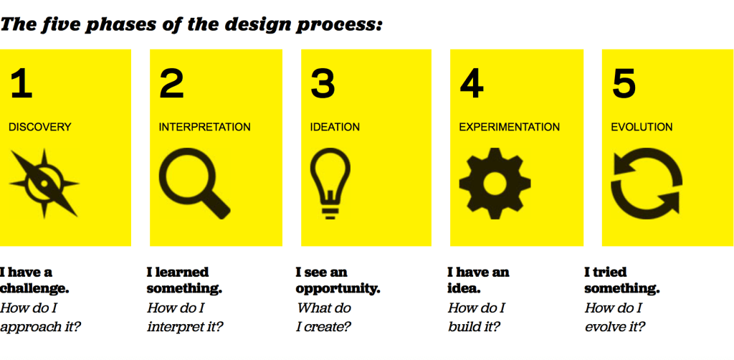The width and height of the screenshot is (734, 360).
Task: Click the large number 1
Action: pyautogui.click(x=22, y=84)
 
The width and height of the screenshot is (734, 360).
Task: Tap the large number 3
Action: pyautogui.click(x=323, y=84)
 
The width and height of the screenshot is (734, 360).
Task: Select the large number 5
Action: pyautogui.click(x=624, y=84)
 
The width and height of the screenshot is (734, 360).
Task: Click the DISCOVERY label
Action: pyautogui.click(x=40, y=127)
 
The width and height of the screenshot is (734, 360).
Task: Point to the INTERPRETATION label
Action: pyautogui.click(x=204, y=127)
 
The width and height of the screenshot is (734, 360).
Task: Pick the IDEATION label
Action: pyautogui.click(x=335, y=127)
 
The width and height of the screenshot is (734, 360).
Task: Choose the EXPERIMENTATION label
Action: pyautogui.click(x=510, y=127)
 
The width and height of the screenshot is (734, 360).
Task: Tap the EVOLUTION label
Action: pyautogui.click(x=642, y=127)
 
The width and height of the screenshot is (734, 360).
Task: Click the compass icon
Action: pyautogui.click(x=44, y=184)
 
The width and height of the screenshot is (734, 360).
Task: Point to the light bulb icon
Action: pyautogui.click(x=330, y=184)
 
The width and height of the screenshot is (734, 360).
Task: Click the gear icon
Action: pyautogui.click(x=495, y=184)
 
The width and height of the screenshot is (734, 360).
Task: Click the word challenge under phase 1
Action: pyautogui.click(x=34, y=288)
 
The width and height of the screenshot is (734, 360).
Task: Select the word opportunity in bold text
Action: pyautogui.click(x=338, y=289)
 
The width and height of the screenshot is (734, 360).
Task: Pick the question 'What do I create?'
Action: pyautogui.click(x=324, y=317)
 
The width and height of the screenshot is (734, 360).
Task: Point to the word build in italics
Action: pyautogui.click(x=461, y=326)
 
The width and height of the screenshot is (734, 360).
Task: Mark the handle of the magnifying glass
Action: pyautogui.click(x=215, y=204)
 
